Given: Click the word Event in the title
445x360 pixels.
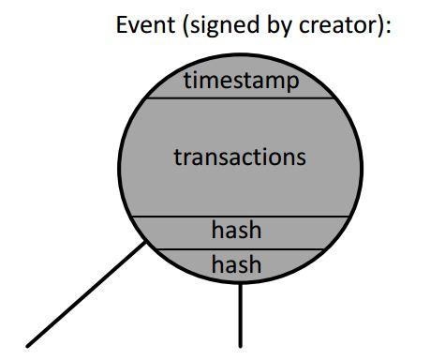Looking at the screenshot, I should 139,24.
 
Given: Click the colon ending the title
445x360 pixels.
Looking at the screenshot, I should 386,25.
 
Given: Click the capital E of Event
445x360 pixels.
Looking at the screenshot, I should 122,24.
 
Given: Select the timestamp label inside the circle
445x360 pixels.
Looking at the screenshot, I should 241,81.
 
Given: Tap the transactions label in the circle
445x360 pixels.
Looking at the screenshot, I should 240,156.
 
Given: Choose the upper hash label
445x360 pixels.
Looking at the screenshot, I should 236,230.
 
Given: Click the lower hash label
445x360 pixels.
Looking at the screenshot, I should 236,265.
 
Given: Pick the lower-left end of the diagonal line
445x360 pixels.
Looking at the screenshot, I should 30,346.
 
